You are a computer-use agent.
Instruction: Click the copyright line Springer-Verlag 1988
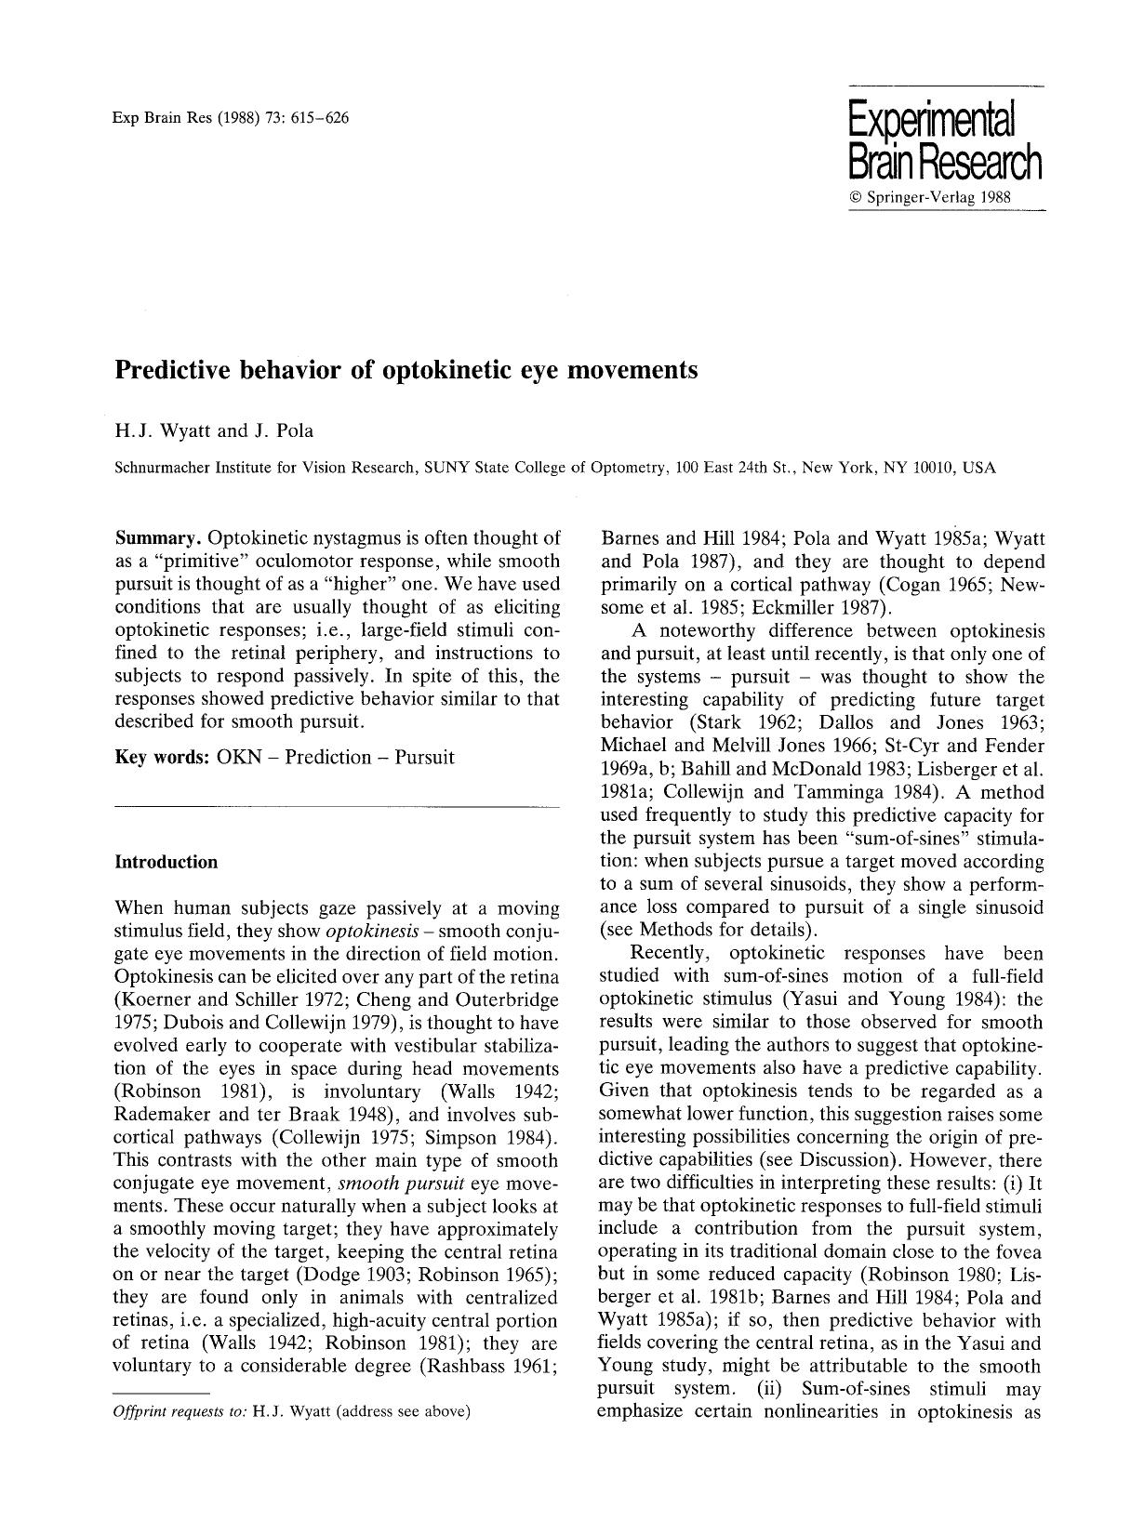[x=929, y=198]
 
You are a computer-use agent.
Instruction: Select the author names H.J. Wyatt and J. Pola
[x=214, y=430]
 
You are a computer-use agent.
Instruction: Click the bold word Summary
[x=158, y=538]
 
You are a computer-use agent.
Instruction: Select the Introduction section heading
[x=166, y=862]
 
